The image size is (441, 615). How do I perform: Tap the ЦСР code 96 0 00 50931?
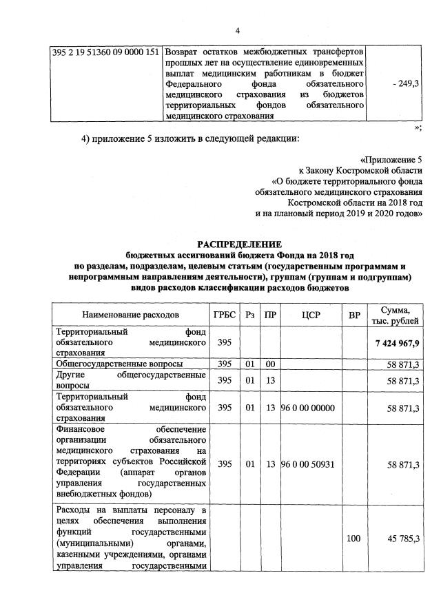click(308, 465)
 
